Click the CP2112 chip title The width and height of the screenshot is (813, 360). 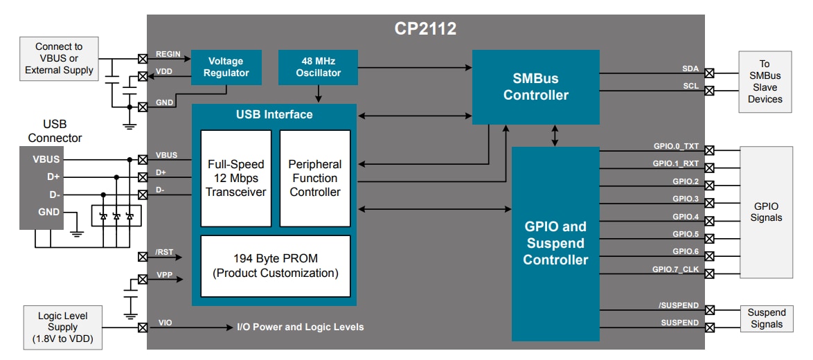(x=425, y=29)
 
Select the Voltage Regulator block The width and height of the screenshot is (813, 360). (x=226, y=67)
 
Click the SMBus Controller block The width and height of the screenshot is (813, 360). (x=535, y=87)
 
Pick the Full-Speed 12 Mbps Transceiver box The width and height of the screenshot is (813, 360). (x=235, y=178)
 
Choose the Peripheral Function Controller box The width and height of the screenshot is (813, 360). (x=315, y=178)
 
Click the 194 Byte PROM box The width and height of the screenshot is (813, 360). (x=275, y=266)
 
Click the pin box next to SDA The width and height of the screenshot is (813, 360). (x=709, y=72)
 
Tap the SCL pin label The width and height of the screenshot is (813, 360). (x=690, y=86)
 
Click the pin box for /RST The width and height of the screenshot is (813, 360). (x=143, y=257)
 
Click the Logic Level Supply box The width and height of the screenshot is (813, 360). (x=62, y=327)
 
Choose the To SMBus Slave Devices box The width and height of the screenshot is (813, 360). (x=765, y=82)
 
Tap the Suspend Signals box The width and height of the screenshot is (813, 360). (x=767, y=318)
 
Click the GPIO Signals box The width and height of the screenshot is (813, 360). (x=766, y=212)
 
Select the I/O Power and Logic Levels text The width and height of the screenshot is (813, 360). (x=300, y=327)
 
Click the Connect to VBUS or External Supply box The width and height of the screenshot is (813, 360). (x=59, y=58)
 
